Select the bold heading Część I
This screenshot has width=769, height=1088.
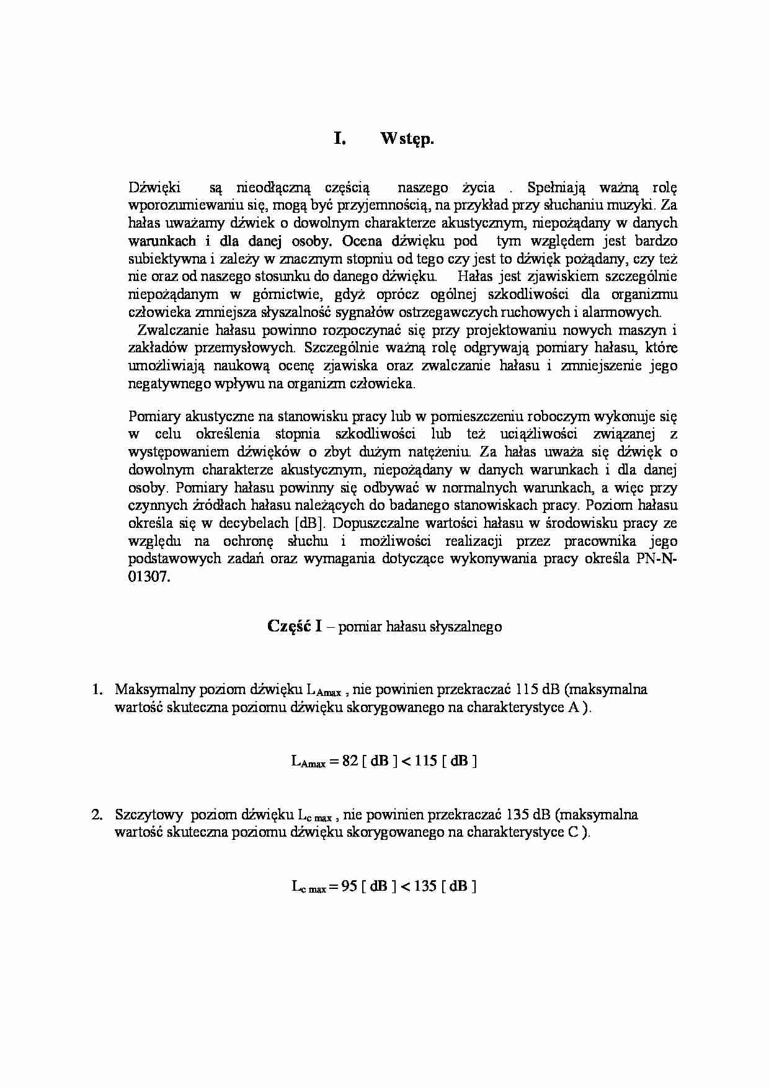tap(295, 626)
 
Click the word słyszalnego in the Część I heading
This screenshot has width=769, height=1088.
tap(465, 626)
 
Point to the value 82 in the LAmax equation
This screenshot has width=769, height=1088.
tap(350, 760)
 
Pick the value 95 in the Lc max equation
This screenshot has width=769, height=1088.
tap(349, 886)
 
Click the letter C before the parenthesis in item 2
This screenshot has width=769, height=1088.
tap(572, 832)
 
